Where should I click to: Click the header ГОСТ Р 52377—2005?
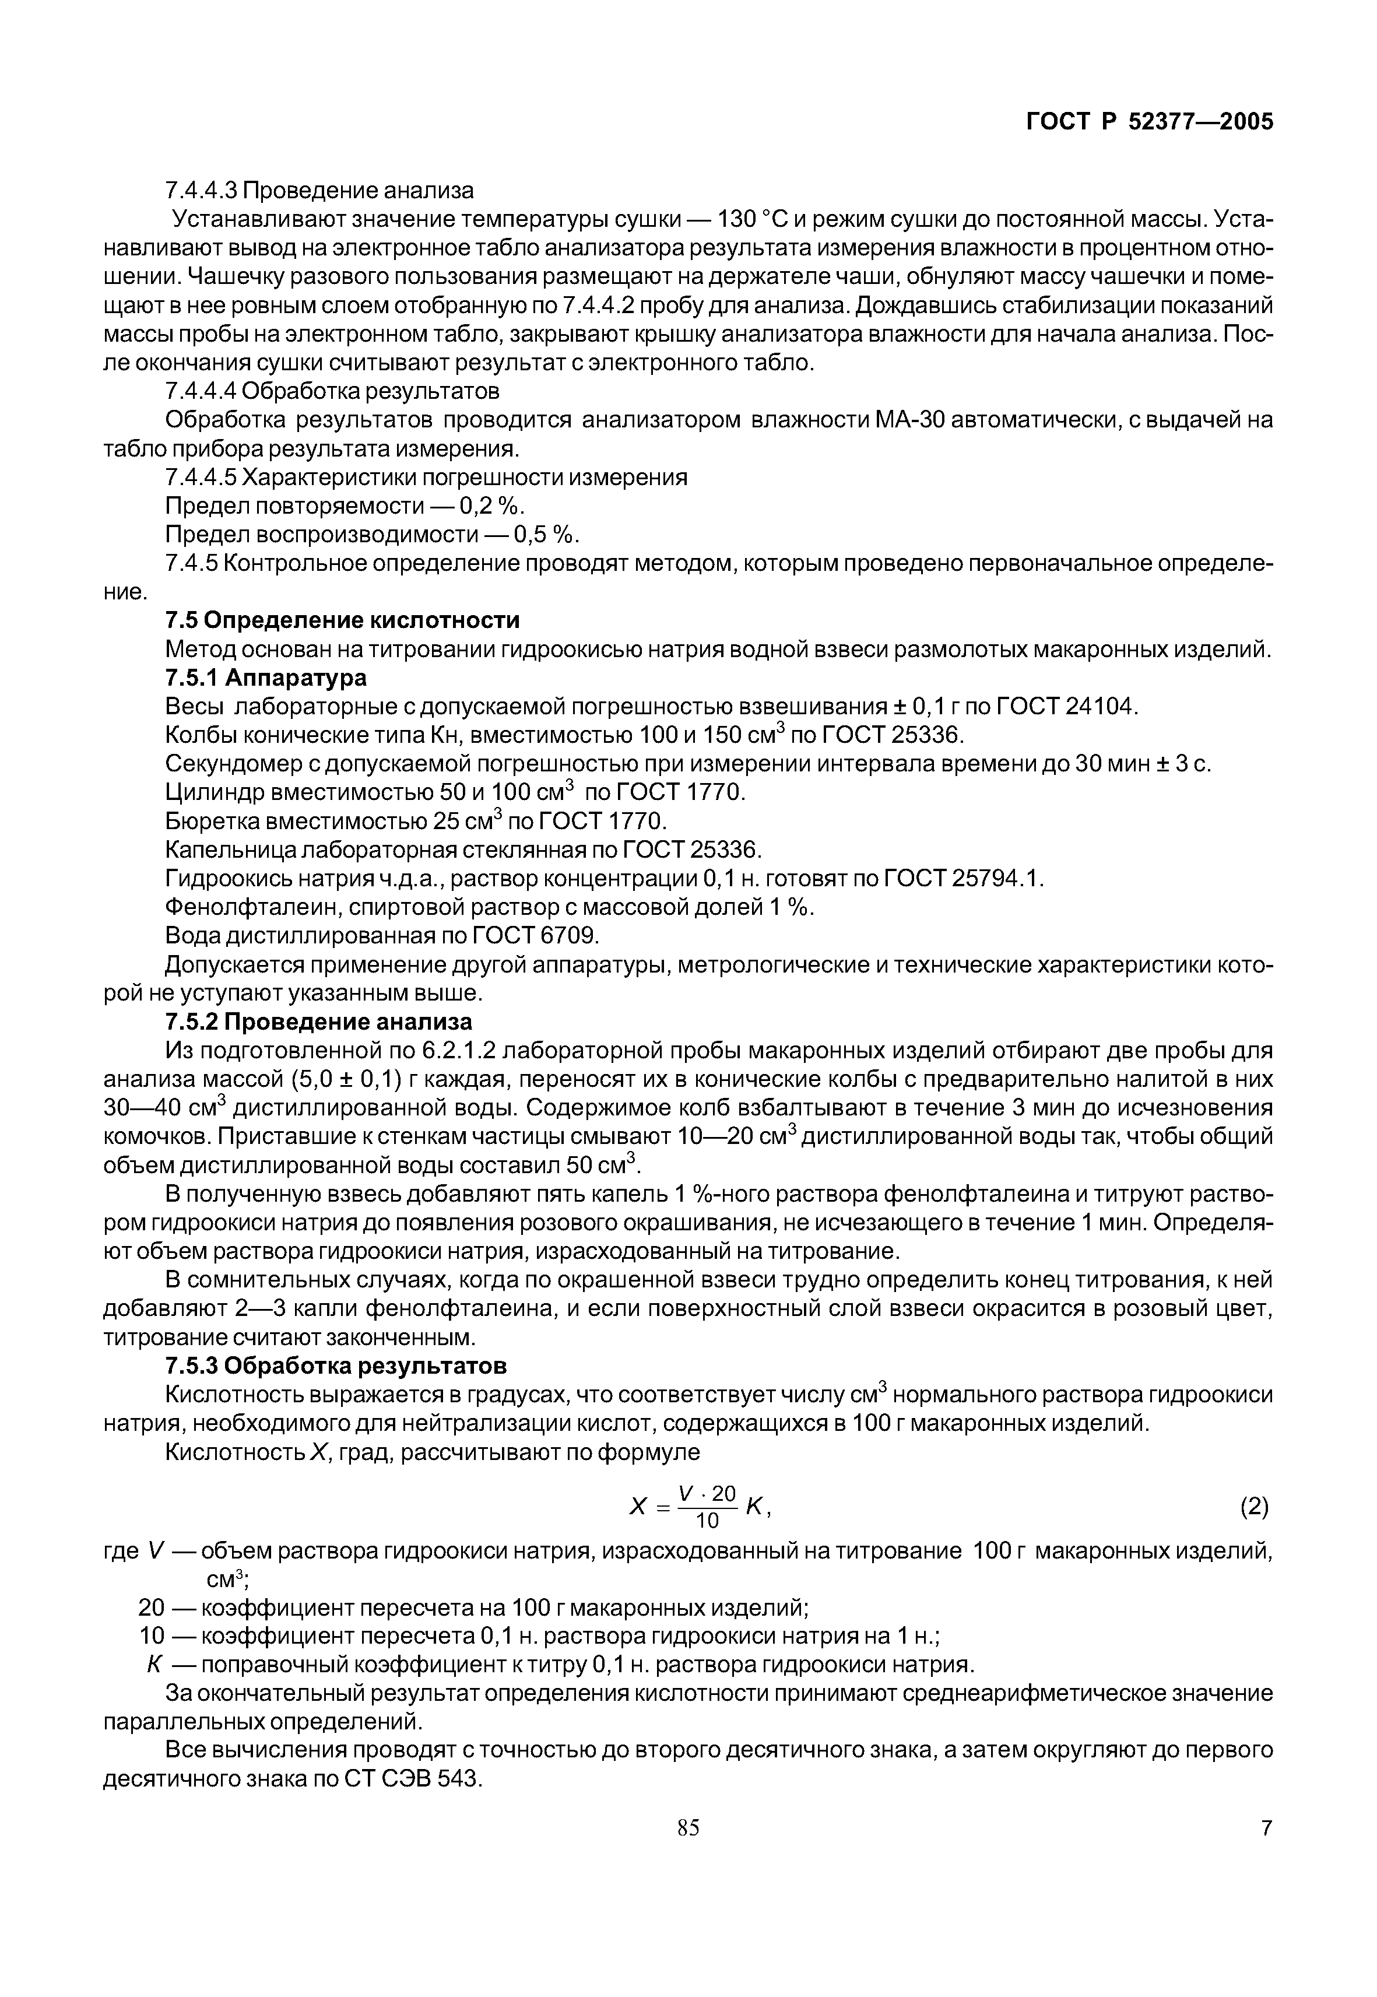click(1148, 122)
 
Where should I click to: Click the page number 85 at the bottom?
click(688, 1828)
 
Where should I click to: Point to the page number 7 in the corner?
click(1266, 1828)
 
